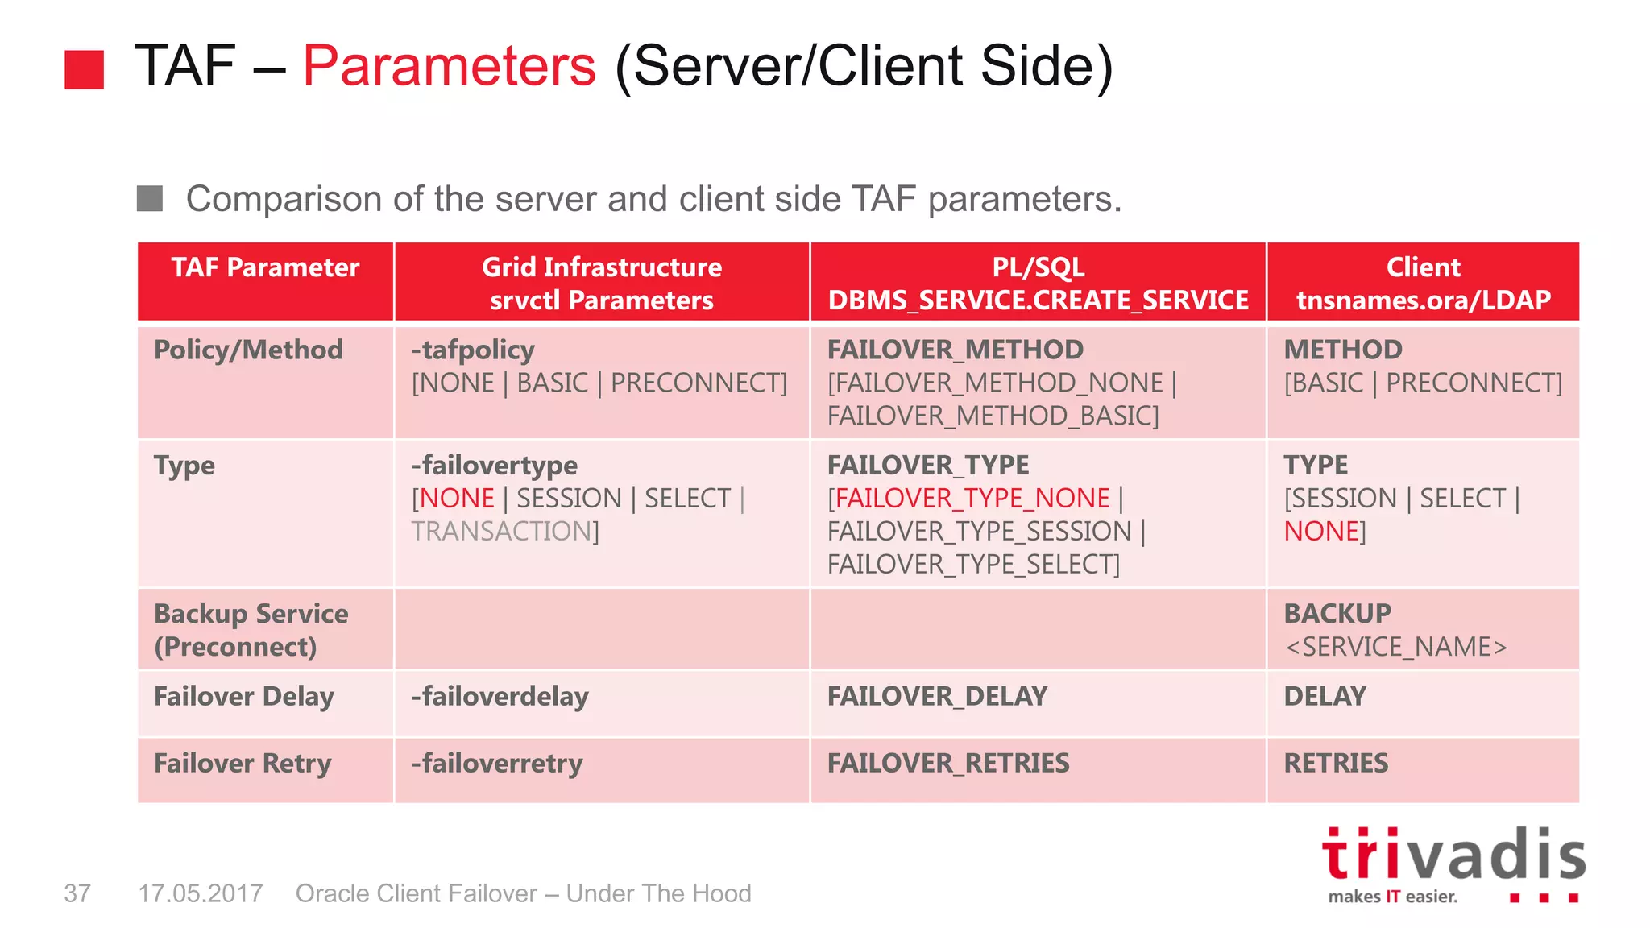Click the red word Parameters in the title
(x=449, y=66)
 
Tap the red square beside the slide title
(x=85, y=69)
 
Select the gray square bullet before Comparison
(x=150, y=198)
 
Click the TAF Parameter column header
(x=265, y=267)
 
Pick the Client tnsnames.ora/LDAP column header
(x=1423, y=283)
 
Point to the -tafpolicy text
(x=473, y=350)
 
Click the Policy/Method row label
(x=248, y=350)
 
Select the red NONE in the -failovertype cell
(x=457, y=499)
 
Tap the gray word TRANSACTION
(x=502, y=532)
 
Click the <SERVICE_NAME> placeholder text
(x=1395, y=647)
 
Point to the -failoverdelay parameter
(x=500, y=696)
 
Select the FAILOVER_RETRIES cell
(x=948, y=763)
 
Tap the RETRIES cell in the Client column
(x=1336, y=763)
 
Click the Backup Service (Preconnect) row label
(x=251, y=630)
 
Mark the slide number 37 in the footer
(x=77, y=893)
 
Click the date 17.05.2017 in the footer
(x=201, y=893)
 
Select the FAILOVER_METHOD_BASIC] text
(x=993, y=416)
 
